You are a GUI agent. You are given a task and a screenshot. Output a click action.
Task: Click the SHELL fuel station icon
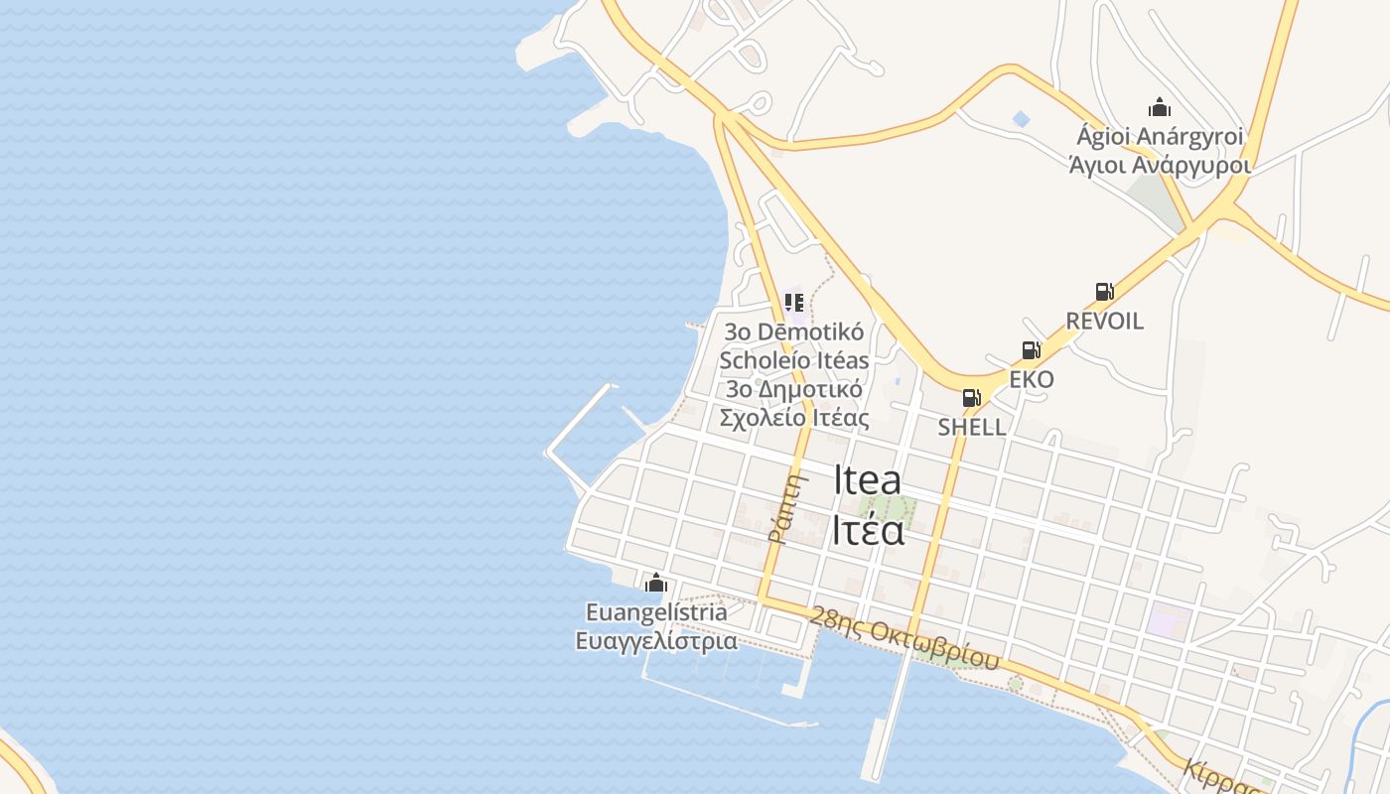click(x=971, y=398)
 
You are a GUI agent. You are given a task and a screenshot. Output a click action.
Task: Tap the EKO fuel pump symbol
click(x=1031, y=350)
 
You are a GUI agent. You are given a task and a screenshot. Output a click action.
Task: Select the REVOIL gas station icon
click(x=1104, y=292)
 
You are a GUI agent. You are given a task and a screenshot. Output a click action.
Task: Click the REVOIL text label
click(x=1104, y=321)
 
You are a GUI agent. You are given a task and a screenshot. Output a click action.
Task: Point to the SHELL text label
click(x=971, y=428)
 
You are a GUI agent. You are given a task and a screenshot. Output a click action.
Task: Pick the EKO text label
click(x=1031, y=379)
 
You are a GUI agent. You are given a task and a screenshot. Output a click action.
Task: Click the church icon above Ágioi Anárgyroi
click(x=1159, y=107)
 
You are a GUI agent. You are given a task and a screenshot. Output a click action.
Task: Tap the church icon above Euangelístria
click(x=655, y=583)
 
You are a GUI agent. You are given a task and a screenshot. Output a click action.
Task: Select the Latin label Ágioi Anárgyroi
click(x=1160, y=136)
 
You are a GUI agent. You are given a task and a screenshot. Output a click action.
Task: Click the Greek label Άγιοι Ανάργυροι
click(x=1160, y=165)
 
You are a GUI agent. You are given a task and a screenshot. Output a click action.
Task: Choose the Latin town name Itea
click(x=867, y=480)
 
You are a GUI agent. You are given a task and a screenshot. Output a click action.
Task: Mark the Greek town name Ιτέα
click(x=868, y=530)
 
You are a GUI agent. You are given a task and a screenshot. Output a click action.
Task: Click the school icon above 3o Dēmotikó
click(x=793, y=302)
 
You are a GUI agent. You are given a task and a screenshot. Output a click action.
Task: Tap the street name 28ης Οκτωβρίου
click(x=903, y=642)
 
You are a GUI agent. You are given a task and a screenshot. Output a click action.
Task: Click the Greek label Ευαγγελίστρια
click(x=656, y=641)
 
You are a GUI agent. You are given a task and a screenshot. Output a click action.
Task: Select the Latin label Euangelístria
click(x=656, y=612)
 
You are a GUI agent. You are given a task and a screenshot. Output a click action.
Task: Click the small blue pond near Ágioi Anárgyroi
click(x=1021, y=119)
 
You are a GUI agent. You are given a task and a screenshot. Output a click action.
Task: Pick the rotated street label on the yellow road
click(x=784, y=507)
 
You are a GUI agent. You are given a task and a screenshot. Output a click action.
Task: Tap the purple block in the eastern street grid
click(x=1169, y=620)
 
